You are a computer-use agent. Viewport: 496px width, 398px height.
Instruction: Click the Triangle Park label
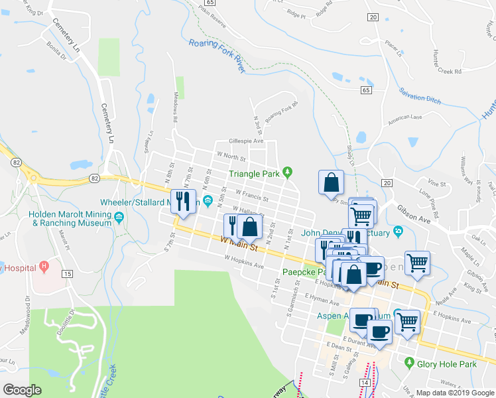[255, 174]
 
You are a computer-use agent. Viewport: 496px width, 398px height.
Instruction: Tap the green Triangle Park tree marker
[287, 172]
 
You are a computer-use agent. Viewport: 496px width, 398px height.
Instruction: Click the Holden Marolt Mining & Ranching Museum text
[70, 219]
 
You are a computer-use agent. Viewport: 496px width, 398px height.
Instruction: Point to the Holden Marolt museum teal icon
[119, 217]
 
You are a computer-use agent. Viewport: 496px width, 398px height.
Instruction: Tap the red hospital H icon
[44, 267]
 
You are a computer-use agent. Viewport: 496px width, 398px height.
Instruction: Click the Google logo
[22, 390]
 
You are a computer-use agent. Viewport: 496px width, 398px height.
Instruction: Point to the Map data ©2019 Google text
[454, 393]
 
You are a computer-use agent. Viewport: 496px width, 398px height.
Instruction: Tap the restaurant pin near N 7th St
[181, 201]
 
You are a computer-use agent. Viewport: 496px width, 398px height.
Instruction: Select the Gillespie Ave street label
[246, 141]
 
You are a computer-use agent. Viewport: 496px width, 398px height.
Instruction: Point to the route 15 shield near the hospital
[67, 273]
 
